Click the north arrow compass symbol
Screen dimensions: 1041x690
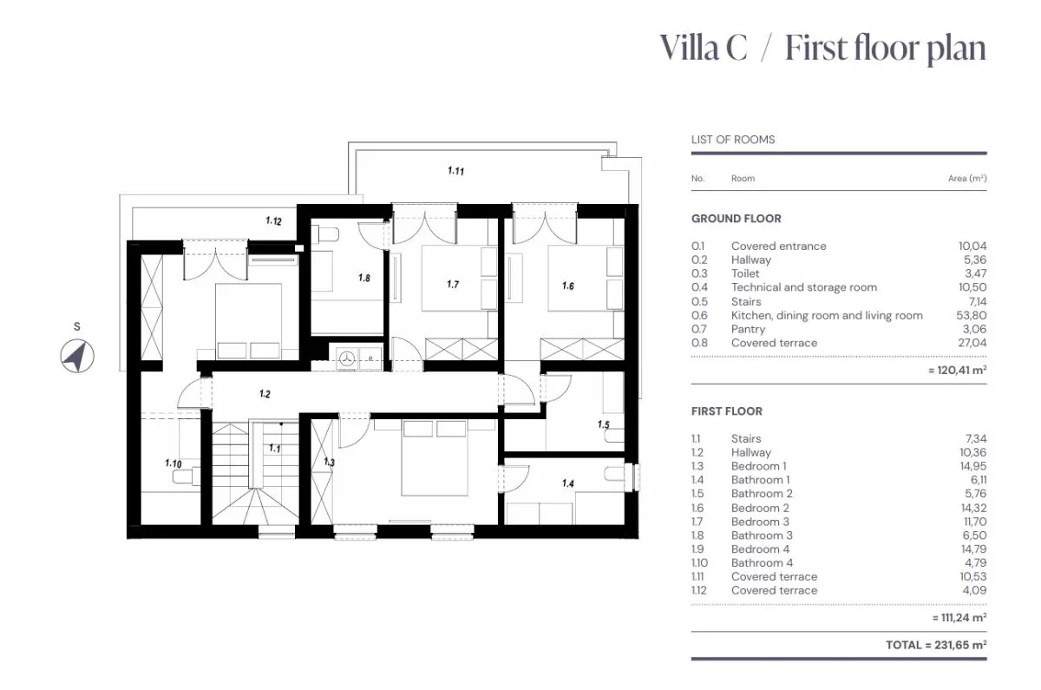click(77, 357)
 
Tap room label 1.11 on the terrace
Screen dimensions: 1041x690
click(456, 171)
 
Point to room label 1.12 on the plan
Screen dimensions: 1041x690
click(274, 220)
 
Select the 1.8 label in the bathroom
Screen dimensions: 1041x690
click(364, 278)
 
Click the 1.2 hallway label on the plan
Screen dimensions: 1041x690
click(265, 394)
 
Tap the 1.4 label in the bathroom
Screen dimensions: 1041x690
click(568, 483)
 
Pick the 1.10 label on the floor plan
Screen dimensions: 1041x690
click(173, 463)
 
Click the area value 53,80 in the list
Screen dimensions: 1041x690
click(972, 315)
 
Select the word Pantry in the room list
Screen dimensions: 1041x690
click(748, 329)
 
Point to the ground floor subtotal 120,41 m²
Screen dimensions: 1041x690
click(958, 370)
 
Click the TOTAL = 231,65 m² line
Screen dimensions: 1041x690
click(936, 645)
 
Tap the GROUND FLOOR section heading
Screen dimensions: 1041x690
click(737, 219)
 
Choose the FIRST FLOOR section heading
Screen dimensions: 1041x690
click(727, 411)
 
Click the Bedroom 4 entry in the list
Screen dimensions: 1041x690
click(760, 549)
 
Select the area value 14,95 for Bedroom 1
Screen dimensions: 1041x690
click(973, 466)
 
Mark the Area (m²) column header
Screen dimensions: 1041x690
click(967, 179)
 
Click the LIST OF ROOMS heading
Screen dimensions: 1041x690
click(733, 140)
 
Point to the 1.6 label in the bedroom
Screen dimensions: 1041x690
click(568, 286)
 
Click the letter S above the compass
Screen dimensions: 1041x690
click(77, 327)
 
